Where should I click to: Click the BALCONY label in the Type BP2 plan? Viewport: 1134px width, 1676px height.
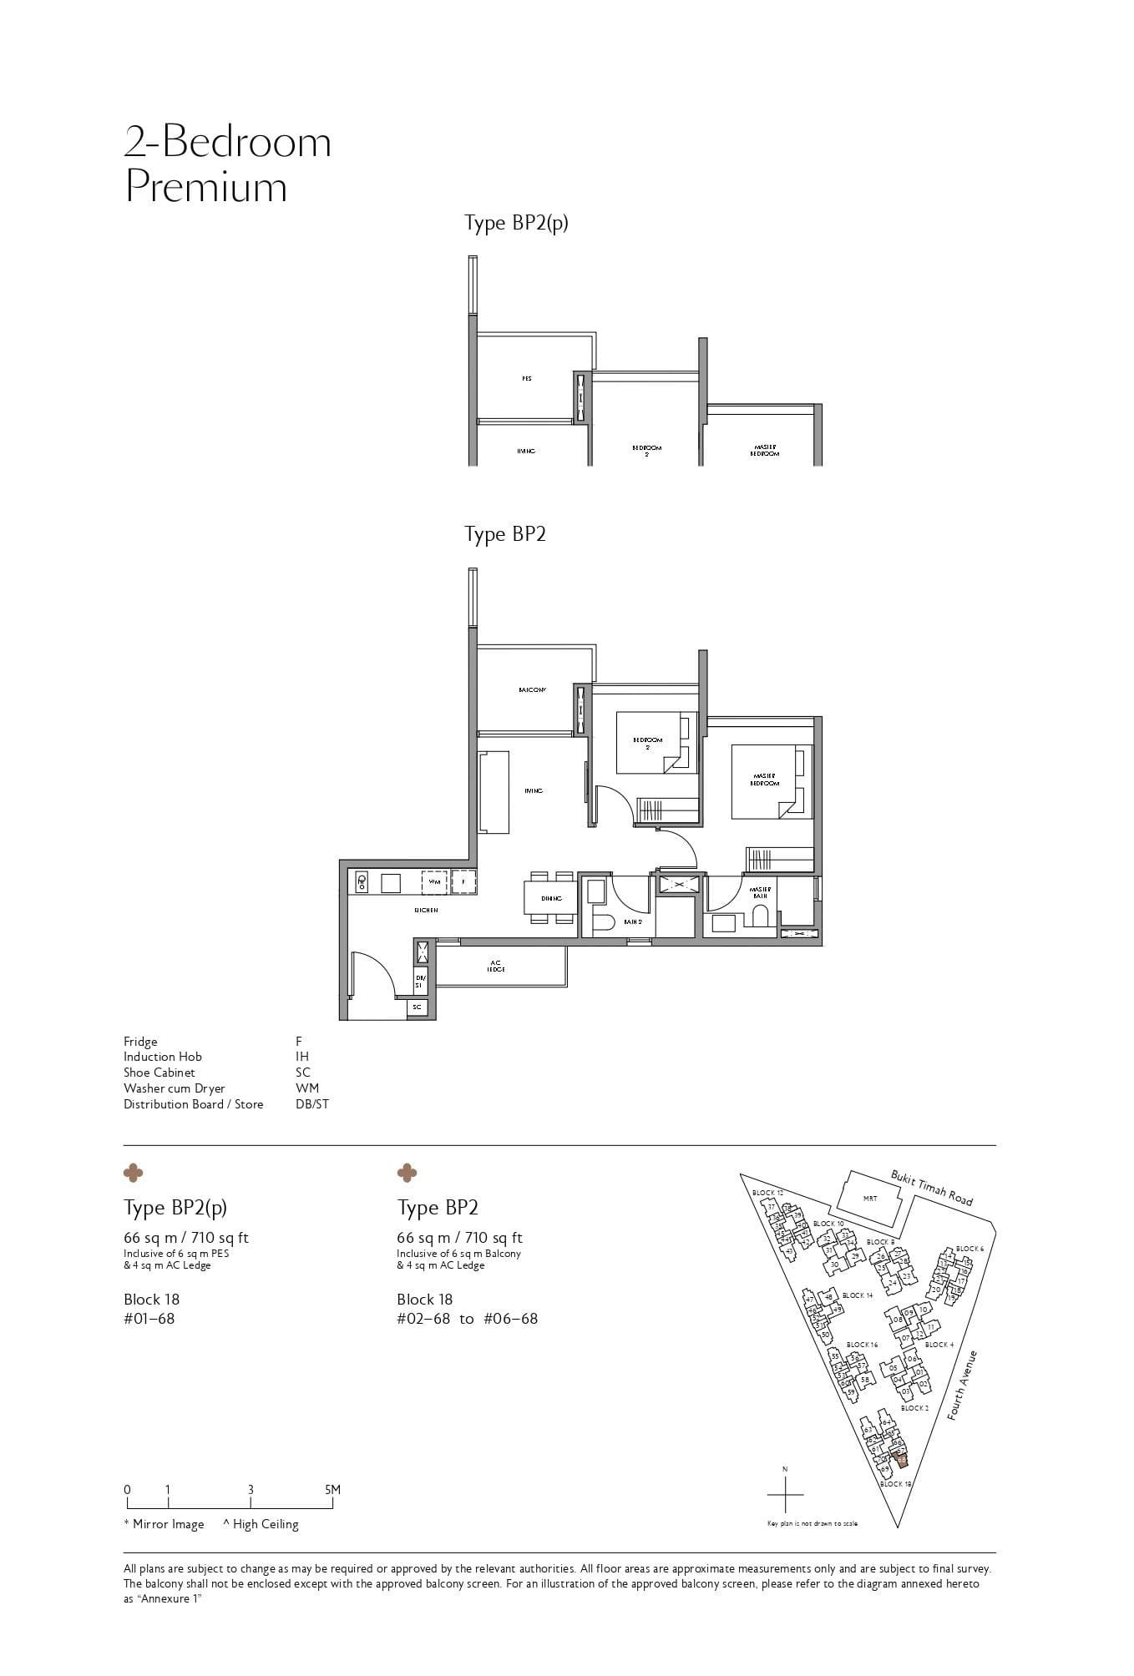coord(531,690)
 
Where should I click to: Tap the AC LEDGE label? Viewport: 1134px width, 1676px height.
coord(497,966)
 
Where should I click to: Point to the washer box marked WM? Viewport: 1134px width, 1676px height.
coord(434,881)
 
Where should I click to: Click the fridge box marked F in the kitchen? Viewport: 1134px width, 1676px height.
coord(463,881)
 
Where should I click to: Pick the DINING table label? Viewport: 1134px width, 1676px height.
coord(551,898)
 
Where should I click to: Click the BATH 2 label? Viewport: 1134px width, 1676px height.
coord(633,921)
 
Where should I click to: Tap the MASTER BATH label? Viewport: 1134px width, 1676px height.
coord(760,892)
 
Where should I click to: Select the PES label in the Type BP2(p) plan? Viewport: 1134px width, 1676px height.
coord(526,379)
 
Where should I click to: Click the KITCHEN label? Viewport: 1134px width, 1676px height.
coord(426,910)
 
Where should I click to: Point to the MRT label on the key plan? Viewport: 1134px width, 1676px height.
coord(870,1199)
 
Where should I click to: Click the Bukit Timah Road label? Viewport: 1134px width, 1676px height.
coord(931,1188)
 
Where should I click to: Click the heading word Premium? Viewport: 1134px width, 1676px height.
coord(205,187)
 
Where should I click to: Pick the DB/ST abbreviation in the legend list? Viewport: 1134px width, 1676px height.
coord(311,1104)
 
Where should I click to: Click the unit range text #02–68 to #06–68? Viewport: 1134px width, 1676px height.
coord(467,1319)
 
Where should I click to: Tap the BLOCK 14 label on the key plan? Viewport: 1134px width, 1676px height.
coord(858,1295)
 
